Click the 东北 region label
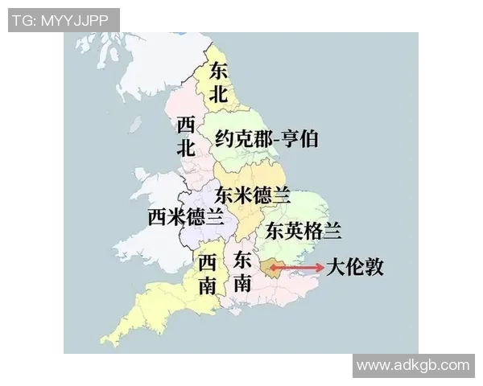click(x=219, y=82)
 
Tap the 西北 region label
click(x=186, y=136)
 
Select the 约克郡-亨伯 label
click(x=266, y=139)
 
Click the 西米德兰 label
click(x=186, y=217)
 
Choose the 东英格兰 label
click(x=303, y=231)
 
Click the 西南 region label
click(x=208, y=273)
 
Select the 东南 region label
click(x=242, y=271)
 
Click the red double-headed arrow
click(x=296, y=267)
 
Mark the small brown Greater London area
click(x=267, y=268)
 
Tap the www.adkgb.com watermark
click(x=412, y=365)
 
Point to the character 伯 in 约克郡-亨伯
click(x=308, y=139)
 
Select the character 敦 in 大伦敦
click(x=374, y=267)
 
